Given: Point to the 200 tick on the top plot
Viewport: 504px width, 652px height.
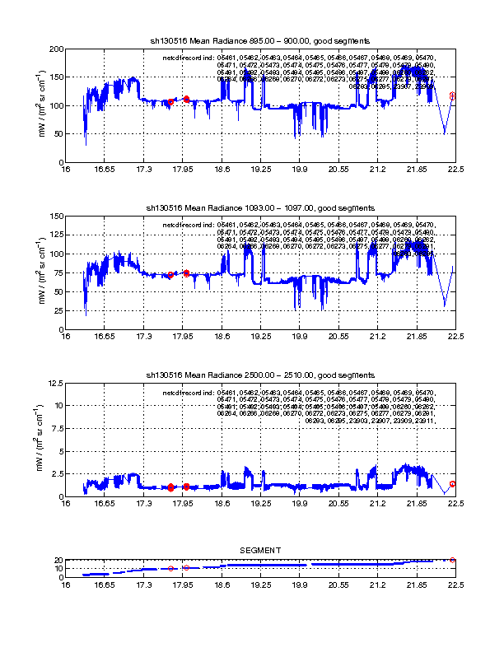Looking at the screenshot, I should [57, 49].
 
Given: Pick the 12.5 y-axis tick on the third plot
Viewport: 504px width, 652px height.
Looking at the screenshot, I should [55, 383].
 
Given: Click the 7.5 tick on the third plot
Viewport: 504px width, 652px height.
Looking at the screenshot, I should [58, 428].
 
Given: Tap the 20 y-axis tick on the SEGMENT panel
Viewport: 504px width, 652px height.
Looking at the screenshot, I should [59, 560].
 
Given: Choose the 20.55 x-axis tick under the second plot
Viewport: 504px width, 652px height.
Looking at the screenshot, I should [338, 338].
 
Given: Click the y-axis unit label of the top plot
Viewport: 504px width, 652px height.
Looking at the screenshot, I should [41, 105].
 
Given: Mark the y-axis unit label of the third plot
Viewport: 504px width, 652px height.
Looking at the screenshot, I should [41, 440].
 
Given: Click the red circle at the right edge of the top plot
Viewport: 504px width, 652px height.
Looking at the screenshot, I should [452, 95].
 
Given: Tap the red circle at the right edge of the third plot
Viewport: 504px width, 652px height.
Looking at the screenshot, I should [452, 484].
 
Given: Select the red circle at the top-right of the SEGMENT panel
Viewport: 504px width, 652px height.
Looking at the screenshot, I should [452, 560].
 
